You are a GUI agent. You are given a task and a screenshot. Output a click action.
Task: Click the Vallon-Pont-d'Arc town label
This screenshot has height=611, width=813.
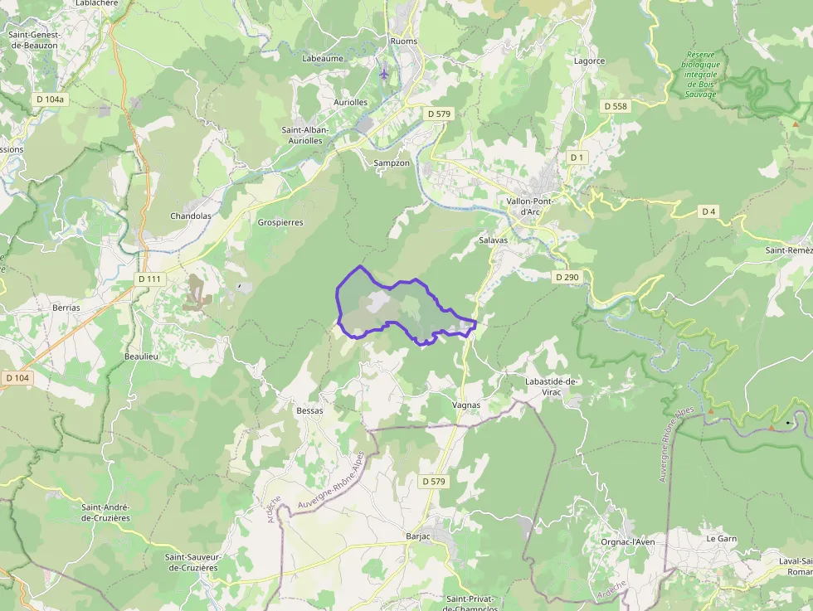click(x=529, y=206)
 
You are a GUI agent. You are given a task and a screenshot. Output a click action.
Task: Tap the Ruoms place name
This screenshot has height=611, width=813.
click(x=404, y=41)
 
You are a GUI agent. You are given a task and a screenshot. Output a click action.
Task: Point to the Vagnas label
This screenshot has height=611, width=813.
click(x=466, y=405)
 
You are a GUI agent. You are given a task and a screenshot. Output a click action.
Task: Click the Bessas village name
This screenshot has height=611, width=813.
click(x=309, y=410)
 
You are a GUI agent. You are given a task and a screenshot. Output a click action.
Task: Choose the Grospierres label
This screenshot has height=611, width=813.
click(x=280, y=222)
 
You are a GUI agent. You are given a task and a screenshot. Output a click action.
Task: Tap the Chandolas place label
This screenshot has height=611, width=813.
click(x=191, y=216)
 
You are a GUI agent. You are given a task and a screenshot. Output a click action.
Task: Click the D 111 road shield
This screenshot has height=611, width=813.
click(x=149, y=279)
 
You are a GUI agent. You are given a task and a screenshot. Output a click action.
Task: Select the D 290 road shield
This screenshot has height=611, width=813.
click(x=567, y=277)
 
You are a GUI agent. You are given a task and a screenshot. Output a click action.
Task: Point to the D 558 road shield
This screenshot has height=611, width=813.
click(x=616, y=106)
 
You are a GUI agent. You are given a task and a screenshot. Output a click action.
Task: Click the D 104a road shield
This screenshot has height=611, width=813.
click(x=51, y=99)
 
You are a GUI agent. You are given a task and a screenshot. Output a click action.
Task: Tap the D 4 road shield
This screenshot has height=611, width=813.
click(x=708, y=211)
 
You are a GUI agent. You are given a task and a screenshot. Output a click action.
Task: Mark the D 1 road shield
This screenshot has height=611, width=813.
click(x=577, y=158)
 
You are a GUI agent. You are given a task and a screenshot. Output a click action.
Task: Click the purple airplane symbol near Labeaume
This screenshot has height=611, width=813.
click(x=383, y=74)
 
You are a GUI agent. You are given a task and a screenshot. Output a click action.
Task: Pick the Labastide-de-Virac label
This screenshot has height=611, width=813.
click(x=551, y=386)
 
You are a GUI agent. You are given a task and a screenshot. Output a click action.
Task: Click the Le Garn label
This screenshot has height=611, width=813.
click(x=721, y=538)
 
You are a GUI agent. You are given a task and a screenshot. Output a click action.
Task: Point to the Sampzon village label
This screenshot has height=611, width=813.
click(x=392, y=163)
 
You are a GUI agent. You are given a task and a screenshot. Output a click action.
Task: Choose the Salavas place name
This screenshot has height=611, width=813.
click(x=493, y=240)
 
